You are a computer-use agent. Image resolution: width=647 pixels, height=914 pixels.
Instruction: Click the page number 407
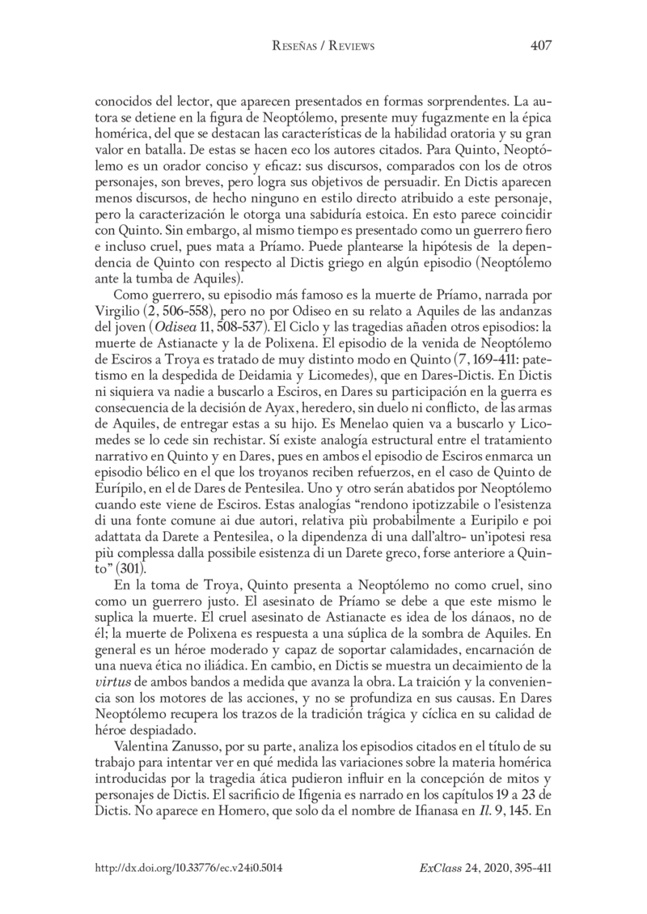[540, 45]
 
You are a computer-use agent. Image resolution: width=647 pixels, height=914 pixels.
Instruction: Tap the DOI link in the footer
[188, 866]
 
